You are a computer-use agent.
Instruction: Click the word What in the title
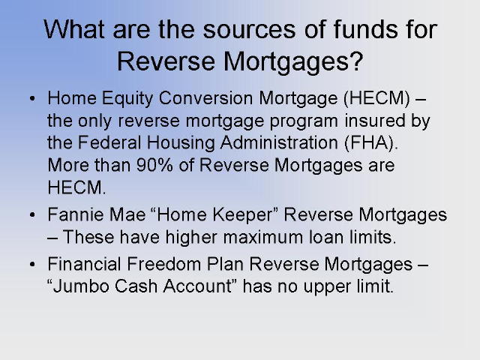point(74,29)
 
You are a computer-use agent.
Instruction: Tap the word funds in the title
point(365,29)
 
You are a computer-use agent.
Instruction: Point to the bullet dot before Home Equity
point(32,98)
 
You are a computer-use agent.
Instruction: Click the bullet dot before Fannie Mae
point(32,215)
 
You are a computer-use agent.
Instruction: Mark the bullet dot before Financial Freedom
point(32,264)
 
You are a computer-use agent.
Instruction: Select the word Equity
point(127,99)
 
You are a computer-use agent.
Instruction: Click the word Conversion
point(205,98)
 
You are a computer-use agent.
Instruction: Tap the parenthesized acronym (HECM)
point(376,98)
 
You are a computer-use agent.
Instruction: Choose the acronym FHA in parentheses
point(371,143)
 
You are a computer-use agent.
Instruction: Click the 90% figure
point(154,165)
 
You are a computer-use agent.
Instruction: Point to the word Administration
point(279,142)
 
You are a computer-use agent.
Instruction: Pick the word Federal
point(109,142)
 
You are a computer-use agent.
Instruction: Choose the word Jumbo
point(81,286)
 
